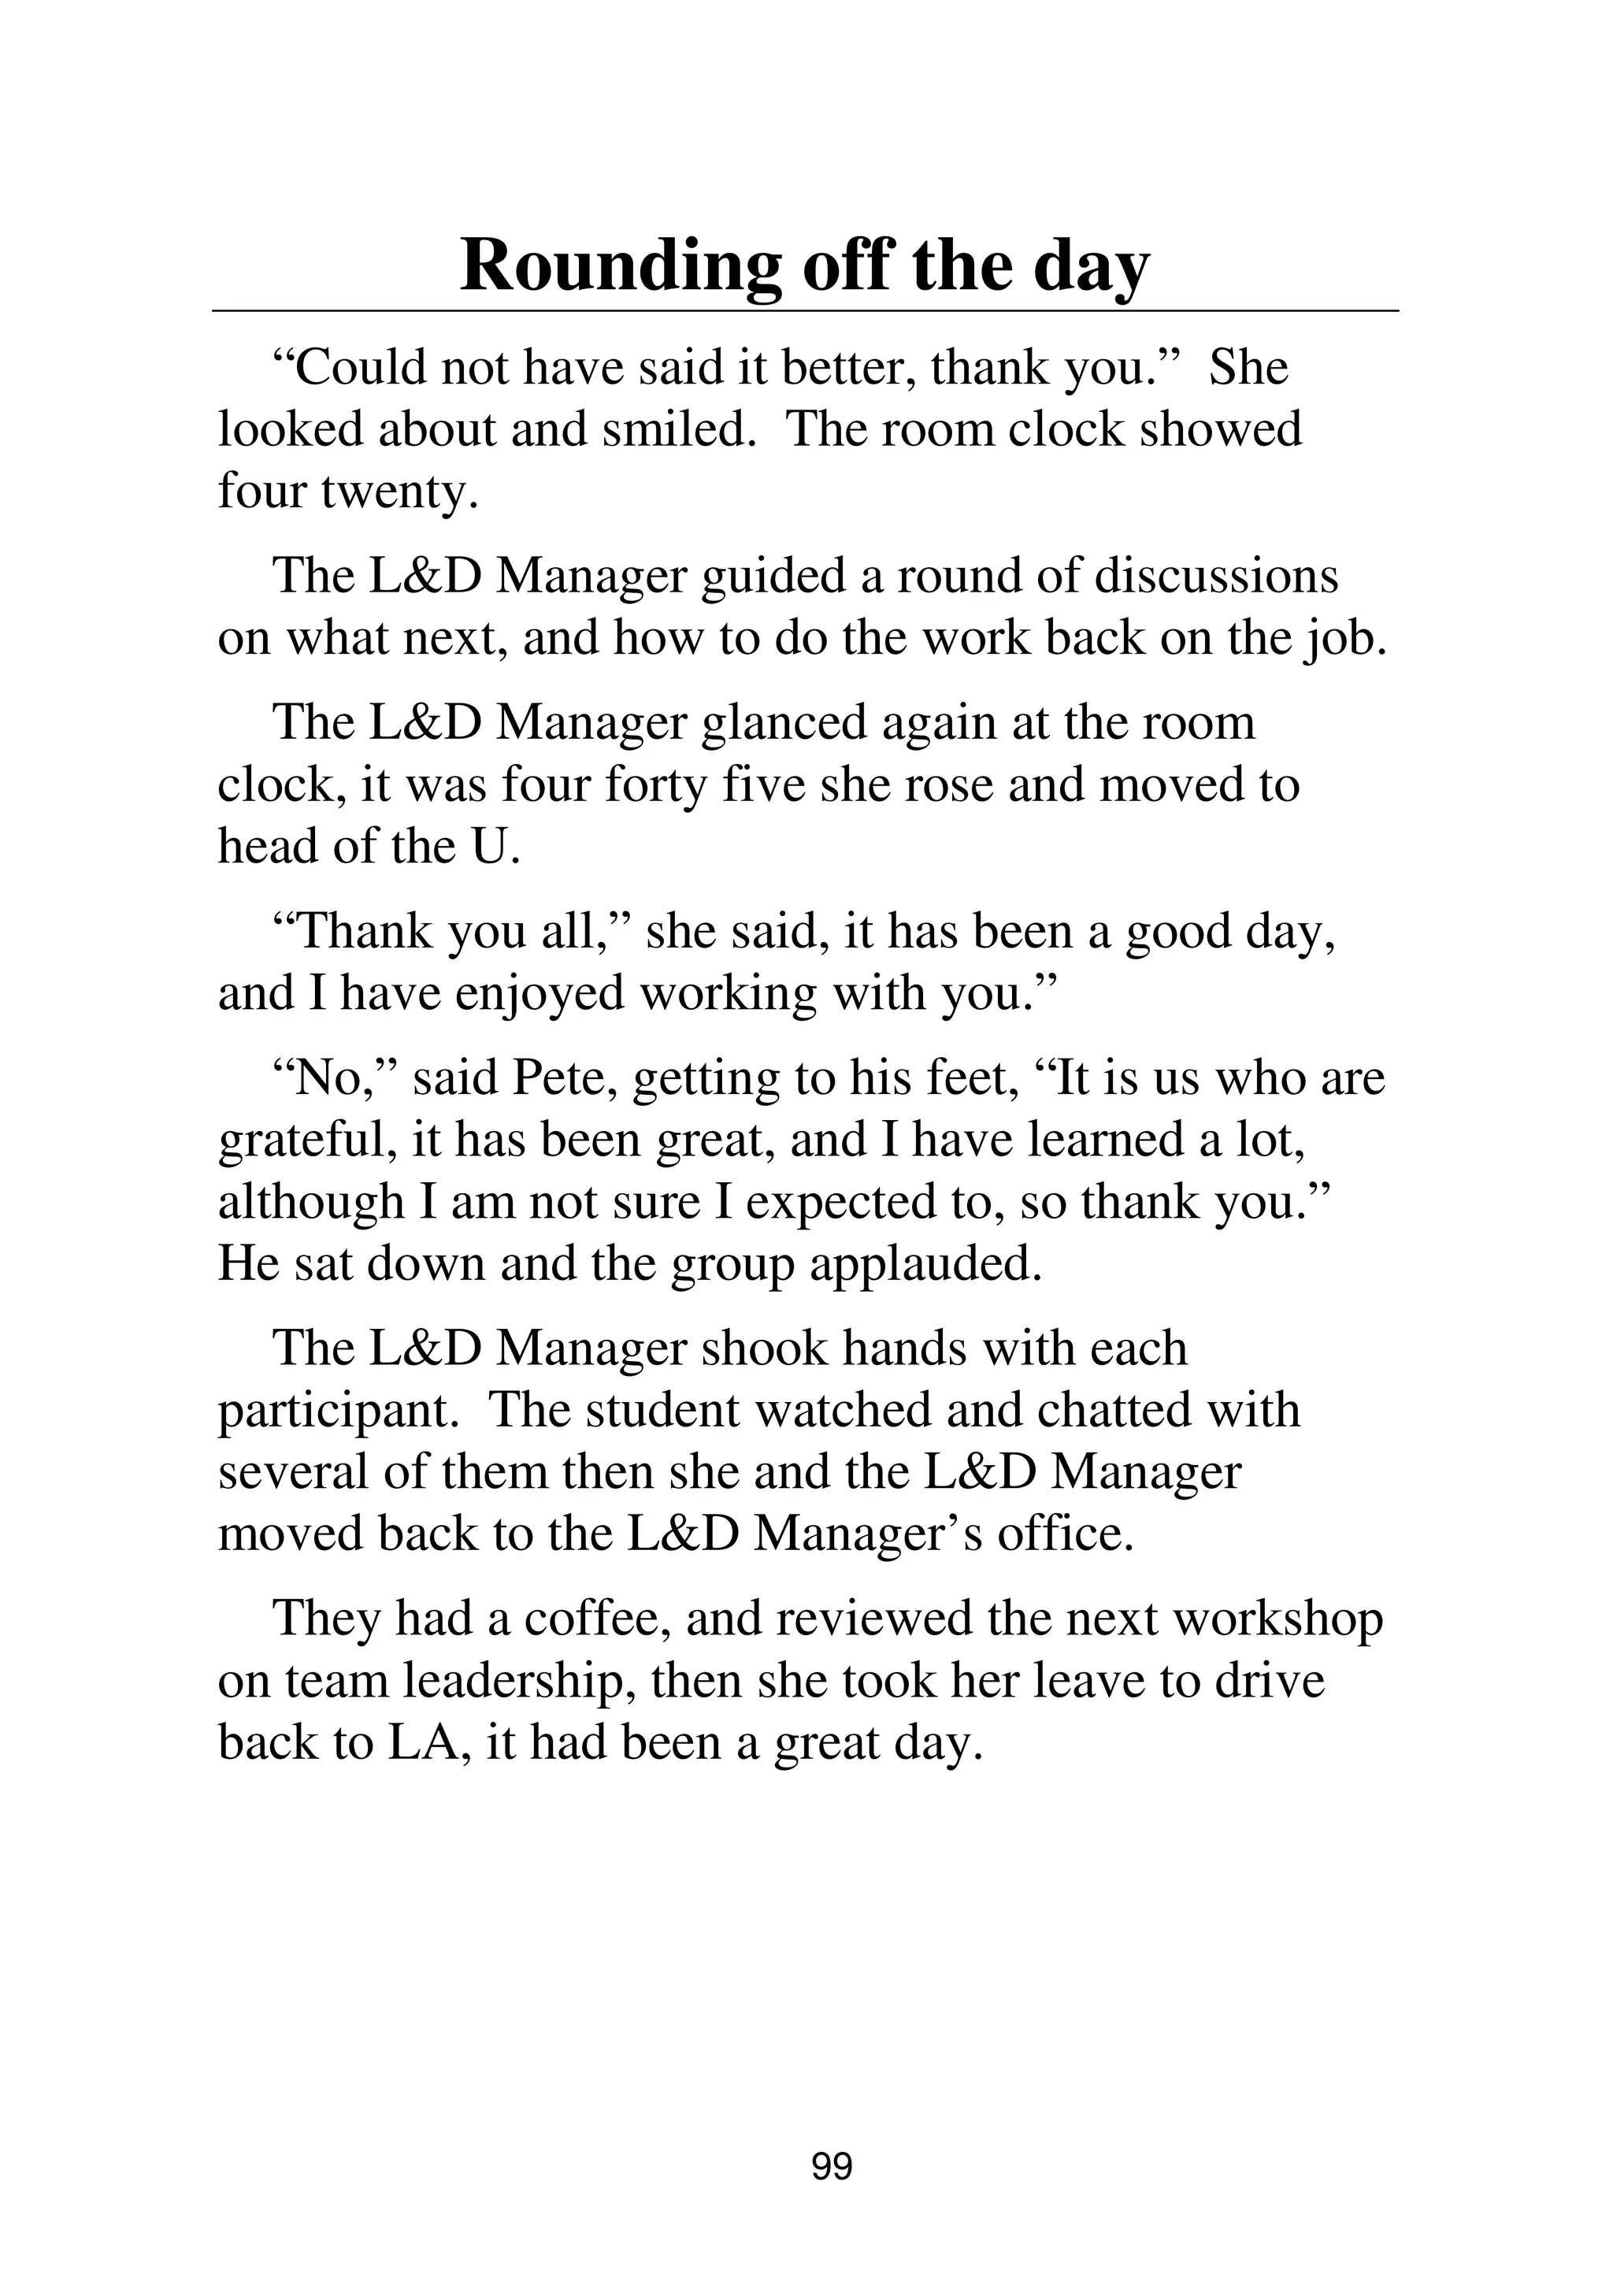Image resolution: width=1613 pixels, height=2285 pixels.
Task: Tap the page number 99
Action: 832,2165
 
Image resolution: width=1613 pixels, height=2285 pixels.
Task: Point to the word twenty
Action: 398,491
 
